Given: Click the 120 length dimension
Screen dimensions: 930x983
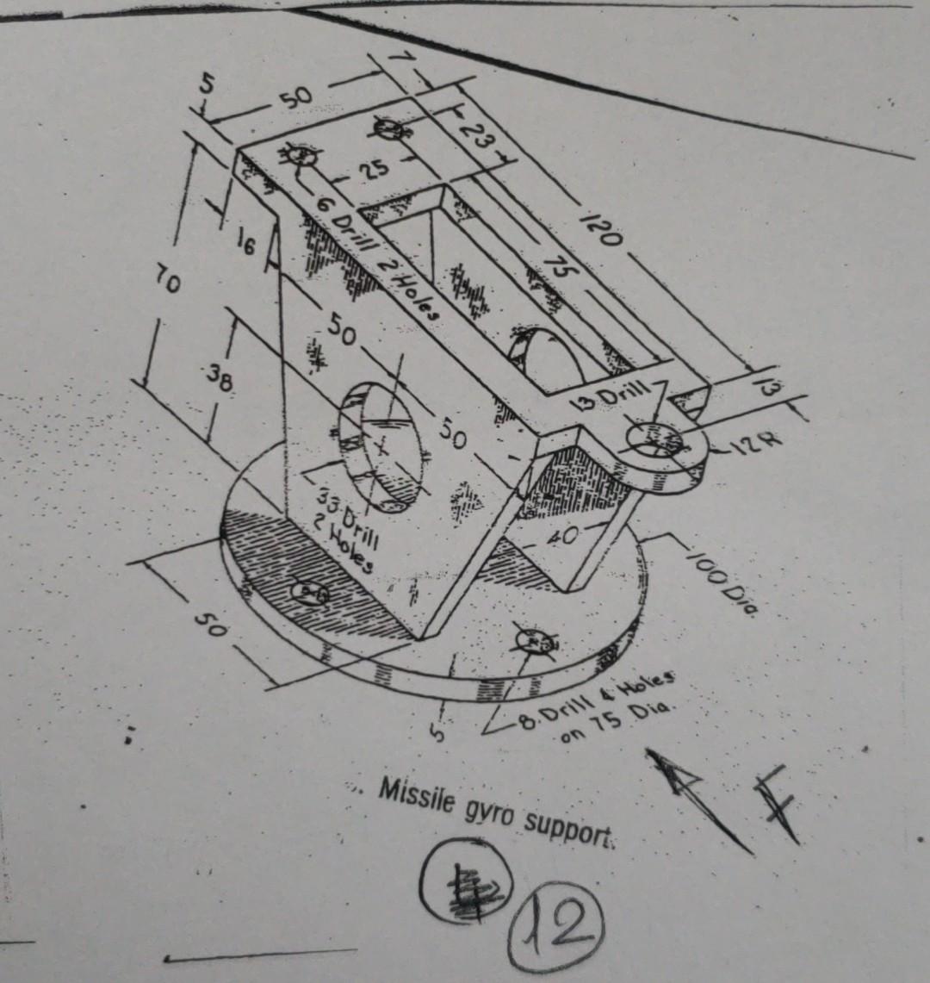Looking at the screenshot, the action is tap(605, 227).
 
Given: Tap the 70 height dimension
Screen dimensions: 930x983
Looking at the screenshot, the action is tap(167, 282).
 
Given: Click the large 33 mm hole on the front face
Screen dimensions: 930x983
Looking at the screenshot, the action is tap(382, 445).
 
